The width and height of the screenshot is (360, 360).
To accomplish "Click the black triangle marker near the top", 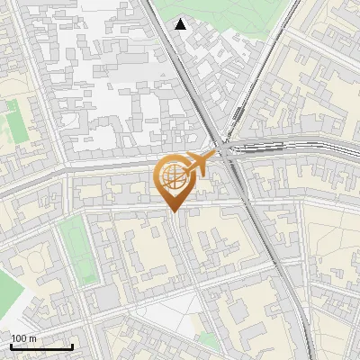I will (181, 24).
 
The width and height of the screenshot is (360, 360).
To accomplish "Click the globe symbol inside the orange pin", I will (172, 178).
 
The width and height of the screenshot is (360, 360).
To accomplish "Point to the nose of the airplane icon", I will (213, 157).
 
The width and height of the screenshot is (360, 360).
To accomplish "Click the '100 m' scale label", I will (23, 338).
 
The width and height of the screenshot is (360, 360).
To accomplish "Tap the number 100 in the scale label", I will (19, 338).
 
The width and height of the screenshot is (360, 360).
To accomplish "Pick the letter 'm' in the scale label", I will (32, 338).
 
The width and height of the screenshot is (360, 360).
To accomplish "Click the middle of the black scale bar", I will (41, 346).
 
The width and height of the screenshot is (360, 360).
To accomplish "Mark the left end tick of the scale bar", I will (11, 346).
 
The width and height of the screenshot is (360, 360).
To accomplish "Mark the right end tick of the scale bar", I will (72, 346).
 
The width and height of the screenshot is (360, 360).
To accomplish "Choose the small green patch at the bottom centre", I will (209, 340).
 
